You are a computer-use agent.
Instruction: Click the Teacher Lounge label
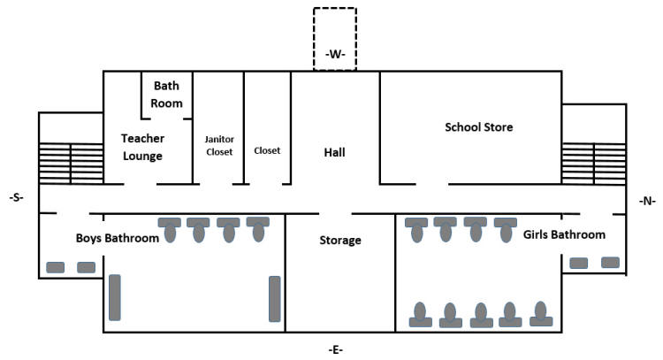tap(142, 147)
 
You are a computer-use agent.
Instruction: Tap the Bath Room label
tap(167, 95)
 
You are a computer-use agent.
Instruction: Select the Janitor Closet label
tap(218, 145)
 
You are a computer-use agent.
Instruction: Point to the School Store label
tap(478, 127)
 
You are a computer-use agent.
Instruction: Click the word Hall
tap(334, 152)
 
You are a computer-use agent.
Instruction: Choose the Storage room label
tap(339, 240)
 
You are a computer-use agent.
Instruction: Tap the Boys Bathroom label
tap(117, 238)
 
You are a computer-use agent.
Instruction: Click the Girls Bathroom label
tap(564, 234)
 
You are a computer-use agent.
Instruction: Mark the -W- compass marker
tap(334, 55)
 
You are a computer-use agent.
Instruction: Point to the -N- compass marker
tap(646, 201)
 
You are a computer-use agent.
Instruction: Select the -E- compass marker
tap(335, 349)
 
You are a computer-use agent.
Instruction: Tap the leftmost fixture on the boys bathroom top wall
tap(169, 228)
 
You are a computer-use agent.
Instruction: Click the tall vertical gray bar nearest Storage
tap(274, 298)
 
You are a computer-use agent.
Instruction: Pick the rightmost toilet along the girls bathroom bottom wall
tap(540, 315)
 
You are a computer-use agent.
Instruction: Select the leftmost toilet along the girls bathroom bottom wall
tap(420, 315)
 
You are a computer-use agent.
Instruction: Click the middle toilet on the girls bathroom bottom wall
tap(481, 315)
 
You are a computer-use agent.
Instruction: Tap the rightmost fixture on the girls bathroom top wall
tap(505, 228)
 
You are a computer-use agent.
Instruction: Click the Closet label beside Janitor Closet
tap(267, 150)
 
